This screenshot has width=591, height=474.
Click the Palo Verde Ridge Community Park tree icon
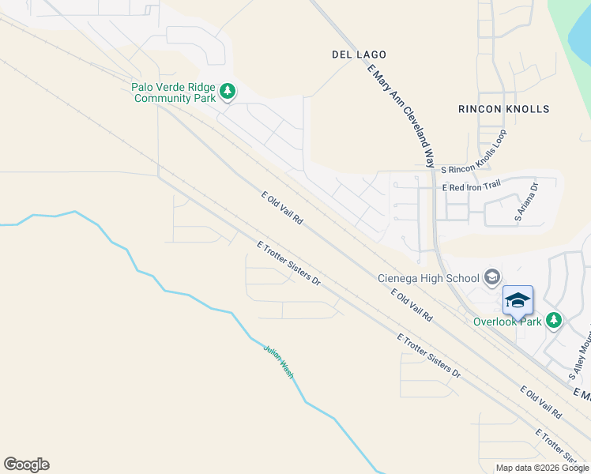[228, 92]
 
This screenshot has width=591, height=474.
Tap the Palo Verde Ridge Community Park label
[174, 92]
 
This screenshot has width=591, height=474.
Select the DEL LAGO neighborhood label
[359, 55]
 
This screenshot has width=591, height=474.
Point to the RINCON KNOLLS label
[503, 109]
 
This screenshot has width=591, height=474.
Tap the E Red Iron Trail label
[472, 187]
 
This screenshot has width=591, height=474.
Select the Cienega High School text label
[428, 278]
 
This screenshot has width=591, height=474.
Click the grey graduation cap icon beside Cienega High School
[492, 276]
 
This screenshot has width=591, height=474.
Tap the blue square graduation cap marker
[518, 300]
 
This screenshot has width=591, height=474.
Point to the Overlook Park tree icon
[555, 320]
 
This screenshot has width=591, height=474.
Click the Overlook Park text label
[507, 322]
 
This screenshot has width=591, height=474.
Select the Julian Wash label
[278, 360]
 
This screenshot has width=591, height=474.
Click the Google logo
[26, 465]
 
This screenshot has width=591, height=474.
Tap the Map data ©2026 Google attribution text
[541, 468]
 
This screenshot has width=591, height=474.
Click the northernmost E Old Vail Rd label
[282, 208]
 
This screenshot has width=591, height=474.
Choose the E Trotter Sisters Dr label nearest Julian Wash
[288, 264]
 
